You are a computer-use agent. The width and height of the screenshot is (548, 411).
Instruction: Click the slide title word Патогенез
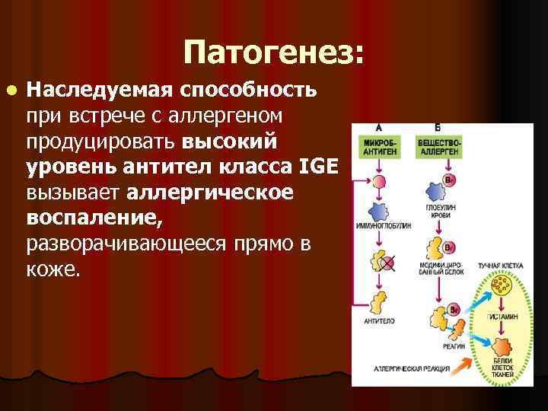(273, 53)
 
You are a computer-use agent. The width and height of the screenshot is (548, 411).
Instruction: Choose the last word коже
(52, 269)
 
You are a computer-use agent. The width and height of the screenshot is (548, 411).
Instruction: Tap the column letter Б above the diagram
(438, 126)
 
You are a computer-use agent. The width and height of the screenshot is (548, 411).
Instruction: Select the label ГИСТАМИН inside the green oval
(499, 314)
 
